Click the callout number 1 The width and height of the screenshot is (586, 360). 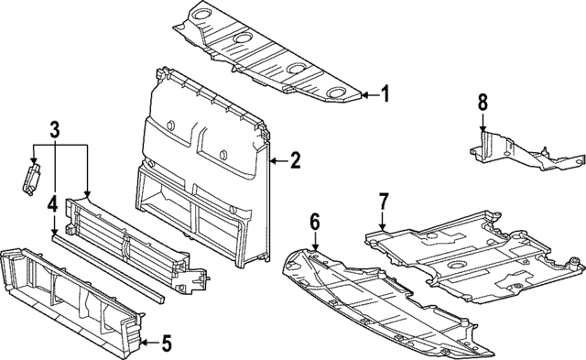[385, 93]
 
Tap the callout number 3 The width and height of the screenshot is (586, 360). [55, 130]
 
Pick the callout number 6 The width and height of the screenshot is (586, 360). [314, 221]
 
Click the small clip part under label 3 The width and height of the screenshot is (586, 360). [33, 175]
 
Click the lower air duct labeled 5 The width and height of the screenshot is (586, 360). [73, 293]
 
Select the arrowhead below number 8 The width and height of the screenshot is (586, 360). [483, 133]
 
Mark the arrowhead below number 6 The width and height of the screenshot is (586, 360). [314, 248]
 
